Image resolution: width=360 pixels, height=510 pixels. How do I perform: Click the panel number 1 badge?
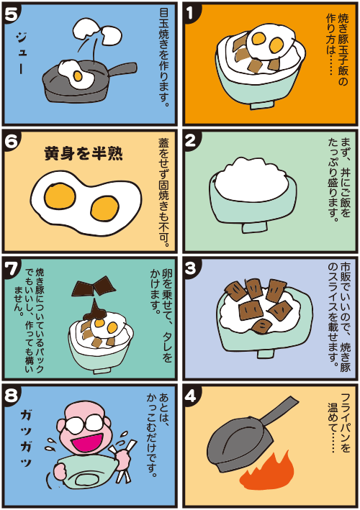[191, 12]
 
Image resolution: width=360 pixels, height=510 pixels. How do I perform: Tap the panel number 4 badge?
[191, 395]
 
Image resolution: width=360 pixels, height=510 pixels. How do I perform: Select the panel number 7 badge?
[11, 268]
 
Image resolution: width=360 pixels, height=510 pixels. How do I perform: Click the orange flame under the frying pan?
[267, 473]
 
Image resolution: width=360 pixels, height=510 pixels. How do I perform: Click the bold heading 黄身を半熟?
[84, 153]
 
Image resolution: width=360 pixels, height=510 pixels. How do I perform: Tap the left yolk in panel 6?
[60, 197]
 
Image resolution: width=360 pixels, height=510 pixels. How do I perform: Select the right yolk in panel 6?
[105, 208]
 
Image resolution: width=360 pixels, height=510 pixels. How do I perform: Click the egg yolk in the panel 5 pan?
[78, 76]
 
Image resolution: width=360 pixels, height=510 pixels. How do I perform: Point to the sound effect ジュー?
[21, 54]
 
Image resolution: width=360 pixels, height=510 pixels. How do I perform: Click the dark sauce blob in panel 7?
[95, 311]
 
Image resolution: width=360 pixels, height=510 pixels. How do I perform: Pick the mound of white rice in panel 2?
[251, 179]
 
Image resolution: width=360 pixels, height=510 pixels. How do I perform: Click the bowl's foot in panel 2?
[254, 227]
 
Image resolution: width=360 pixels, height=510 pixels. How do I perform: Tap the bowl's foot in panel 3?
[265, 354]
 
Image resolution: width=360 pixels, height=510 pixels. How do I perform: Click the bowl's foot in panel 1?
[262, 106]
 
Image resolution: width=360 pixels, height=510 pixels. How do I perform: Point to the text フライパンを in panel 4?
[346, 422]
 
